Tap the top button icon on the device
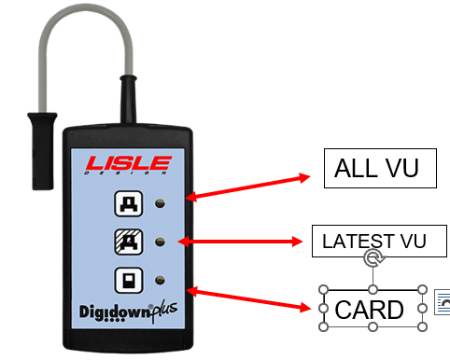click(x=126, y=202)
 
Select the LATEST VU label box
click(x=372, y=242)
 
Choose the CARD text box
click(x=371, y=309)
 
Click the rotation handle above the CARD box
click(x=372, y=262)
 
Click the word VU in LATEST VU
click(x=410, y=242)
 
